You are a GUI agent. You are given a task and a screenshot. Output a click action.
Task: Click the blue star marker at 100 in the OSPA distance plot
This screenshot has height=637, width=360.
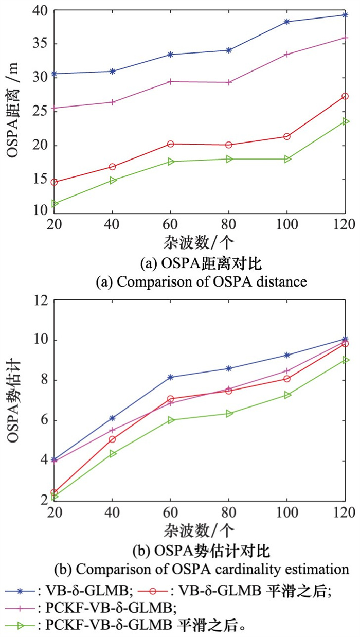[x=287, y=22]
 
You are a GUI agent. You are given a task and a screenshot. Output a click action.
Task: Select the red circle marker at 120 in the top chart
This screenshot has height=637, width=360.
[x=345, y=96]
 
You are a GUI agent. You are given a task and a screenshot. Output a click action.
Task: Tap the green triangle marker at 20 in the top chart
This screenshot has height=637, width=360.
[x=55, y=204]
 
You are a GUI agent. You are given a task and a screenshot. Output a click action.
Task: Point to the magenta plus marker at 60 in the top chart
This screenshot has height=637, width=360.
[x=171, y=81]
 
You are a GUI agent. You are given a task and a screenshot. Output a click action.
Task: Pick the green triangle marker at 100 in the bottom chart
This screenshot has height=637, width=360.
[x=287, y=395]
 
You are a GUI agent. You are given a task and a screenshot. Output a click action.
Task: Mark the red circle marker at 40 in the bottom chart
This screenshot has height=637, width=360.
[x=113, y=439]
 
